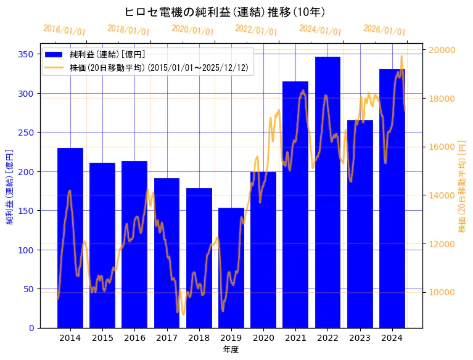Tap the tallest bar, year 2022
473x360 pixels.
(327, 192)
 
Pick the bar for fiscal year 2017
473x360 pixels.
(167, 253)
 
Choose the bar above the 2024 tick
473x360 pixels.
(392, 198)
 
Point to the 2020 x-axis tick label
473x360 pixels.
(263, 337)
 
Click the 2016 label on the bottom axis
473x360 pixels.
(134, 337)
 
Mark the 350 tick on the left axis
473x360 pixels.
(27, 54)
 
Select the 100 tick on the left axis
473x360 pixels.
(27, 250)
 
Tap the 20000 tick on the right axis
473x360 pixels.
(443, 50)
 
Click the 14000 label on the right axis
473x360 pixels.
(443, 195)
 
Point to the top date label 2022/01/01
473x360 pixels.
(257, 30)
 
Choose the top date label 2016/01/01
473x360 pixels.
(64, 30)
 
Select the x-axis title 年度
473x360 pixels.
(231, 349)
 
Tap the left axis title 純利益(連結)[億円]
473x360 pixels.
(10, 186)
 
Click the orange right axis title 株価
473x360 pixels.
(463, 186)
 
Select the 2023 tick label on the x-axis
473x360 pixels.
(360, 337)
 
